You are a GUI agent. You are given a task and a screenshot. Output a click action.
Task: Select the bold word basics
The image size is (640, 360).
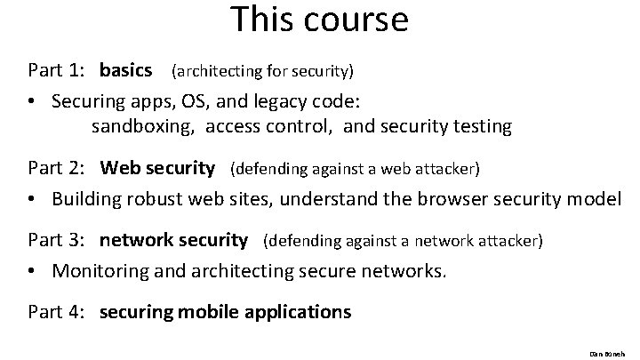126,68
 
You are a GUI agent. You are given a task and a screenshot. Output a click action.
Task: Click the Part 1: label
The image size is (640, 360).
55,68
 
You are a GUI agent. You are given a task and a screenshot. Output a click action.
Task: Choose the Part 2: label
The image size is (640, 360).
55,168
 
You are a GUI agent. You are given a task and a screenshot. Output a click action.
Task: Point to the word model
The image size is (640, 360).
596,197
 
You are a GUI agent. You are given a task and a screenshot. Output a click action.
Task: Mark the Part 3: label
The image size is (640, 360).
55,240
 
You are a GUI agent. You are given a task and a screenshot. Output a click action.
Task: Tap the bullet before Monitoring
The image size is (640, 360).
31,270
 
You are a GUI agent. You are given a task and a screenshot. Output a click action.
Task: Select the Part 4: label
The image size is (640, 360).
55,312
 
